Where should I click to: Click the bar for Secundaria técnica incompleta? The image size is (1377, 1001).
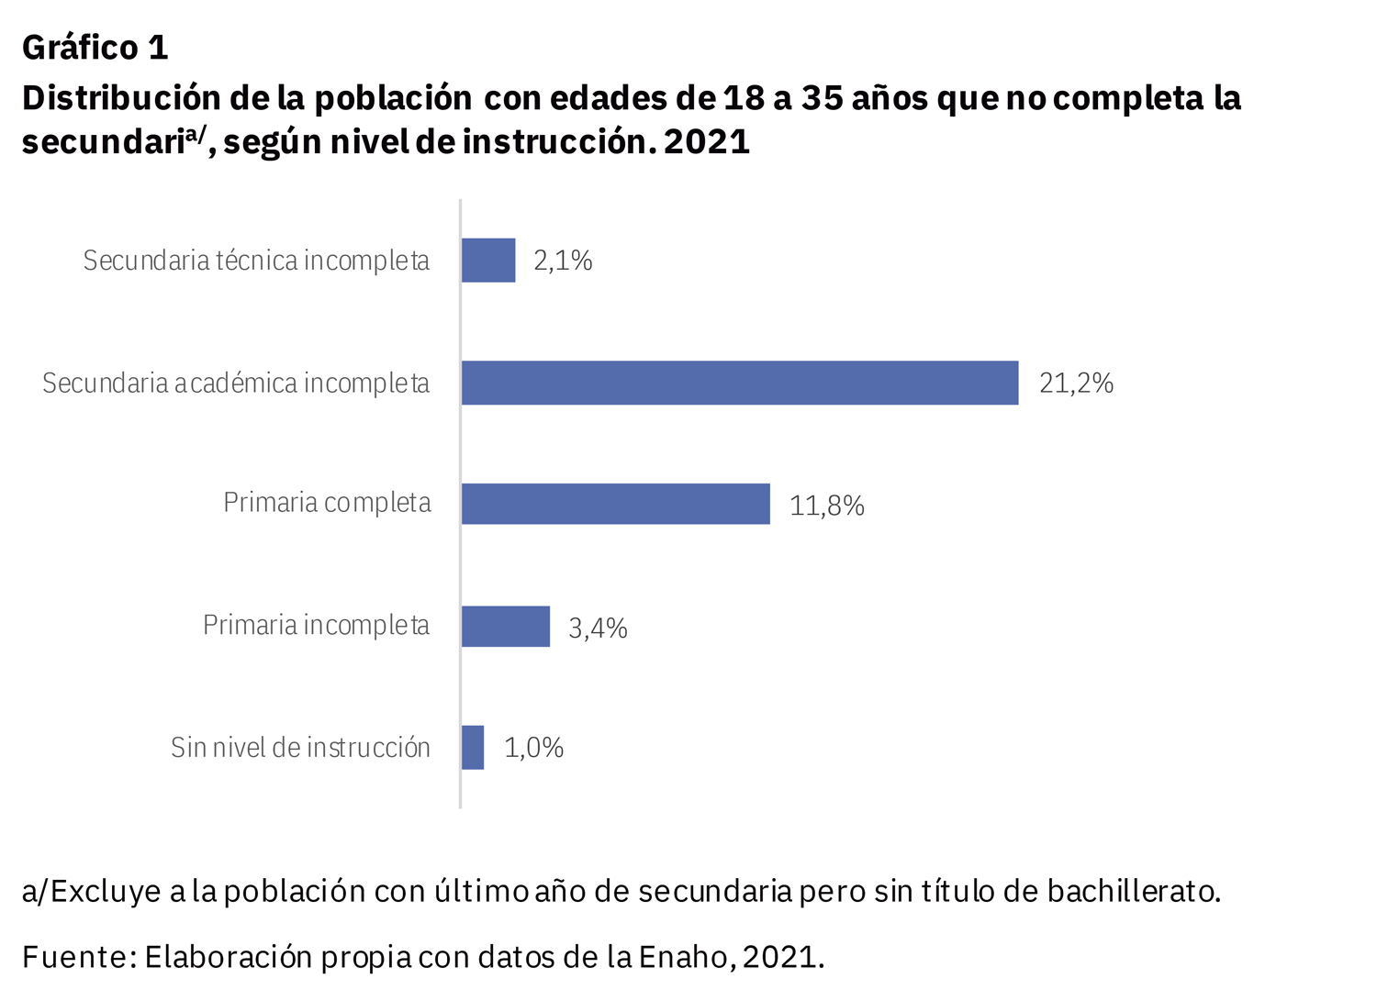pos(488,261)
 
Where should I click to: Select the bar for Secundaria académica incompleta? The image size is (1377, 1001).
pos(740,383)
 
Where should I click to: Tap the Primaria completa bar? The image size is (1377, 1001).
pos(615,504)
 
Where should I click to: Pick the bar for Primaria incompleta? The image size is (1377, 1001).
pos(506,627)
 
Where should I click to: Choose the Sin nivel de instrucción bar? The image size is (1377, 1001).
pos(473,748)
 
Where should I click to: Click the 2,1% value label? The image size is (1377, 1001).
pos(563,261)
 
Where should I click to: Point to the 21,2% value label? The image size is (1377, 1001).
pos(1076,384)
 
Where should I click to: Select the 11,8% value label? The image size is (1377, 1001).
pos(826,506)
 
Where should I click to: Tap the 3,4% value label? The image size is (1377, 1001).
pos(598,628)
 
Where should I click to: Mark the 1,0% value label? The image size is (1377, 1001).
pos(533,748)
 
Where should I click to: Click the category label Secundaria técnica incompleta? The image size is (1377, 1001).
pos(256,261)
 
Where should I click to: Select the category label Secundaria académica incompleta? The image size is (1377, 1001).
pos(236,384)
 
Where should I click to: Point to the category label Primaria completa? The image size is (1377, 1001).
pos(327,504)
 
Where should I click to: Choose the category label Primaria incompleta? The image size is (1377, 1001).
pos(316,626)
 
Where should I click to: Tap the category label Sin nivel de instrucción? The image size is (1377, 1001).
pos(300,748)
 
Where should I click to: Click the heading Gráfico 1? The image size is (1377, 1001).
pos(95,48)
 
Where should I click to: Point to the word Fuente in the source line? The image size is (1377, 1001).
pos(74,957)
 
